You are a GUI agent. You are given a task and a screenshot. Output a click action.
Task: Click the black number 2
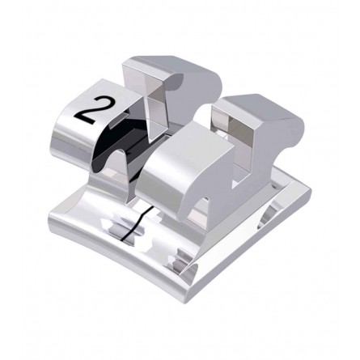[92, 110]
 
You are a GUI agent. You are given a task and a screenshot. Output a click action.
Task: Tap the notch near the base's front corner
[180, 261]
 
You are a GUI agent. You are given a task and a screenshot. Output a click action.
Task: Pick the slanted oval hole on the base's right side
[269, 216]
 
